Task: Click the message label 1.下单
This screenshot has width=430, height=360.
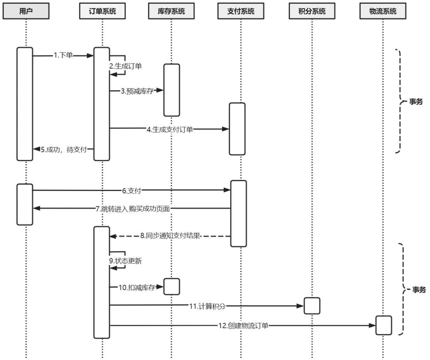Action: [x=63, y=55]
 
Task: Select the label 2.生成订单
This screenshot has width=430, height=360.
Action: [x=126, y=66]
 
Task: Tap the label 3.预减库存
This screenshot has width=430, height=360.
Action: [x=137, y=91]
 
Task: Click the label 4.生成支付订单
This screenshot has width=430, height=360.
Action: [x=170, y=129]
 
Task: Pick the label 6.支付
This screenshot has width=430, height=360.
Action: [x=132, y=190]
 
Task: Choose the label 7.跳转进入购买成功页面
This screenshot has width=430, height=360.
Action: [x=133, y=208]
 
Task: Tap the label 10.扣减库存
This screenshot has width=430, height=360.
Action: [x=136, y=287]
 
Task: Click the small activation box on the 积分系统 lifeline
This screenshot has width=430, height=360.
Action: [x=312, y=306]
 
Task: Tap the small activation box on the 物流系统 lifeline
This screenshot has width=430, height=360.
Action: [x=383, y=325]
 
